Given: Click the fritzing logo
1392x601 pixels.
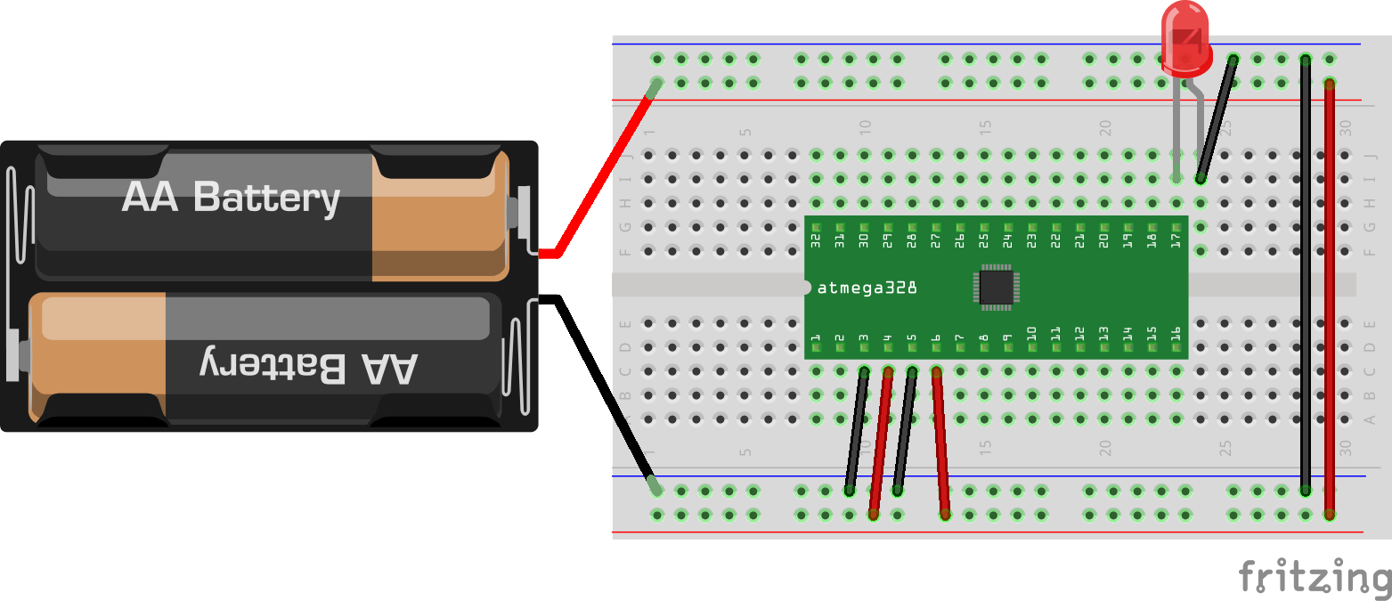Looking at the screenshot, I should coord(1314,577).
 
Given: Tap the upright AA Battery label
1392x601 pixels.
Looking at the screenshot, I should coord(231,198).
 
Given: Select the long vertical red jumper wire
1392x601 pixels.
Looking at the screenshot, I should coord(1329,294).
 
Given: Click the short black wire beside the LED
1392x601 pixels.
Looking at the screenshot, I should coord(1217,118).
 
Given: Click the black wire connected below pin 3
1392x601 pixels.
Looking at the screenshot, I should coord(857,431).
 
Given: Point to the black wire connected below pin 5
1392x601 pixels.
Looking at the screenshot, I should coord(905,431).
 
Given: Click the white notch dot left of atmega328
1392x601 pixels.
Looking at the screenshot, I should coord(806,287).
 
